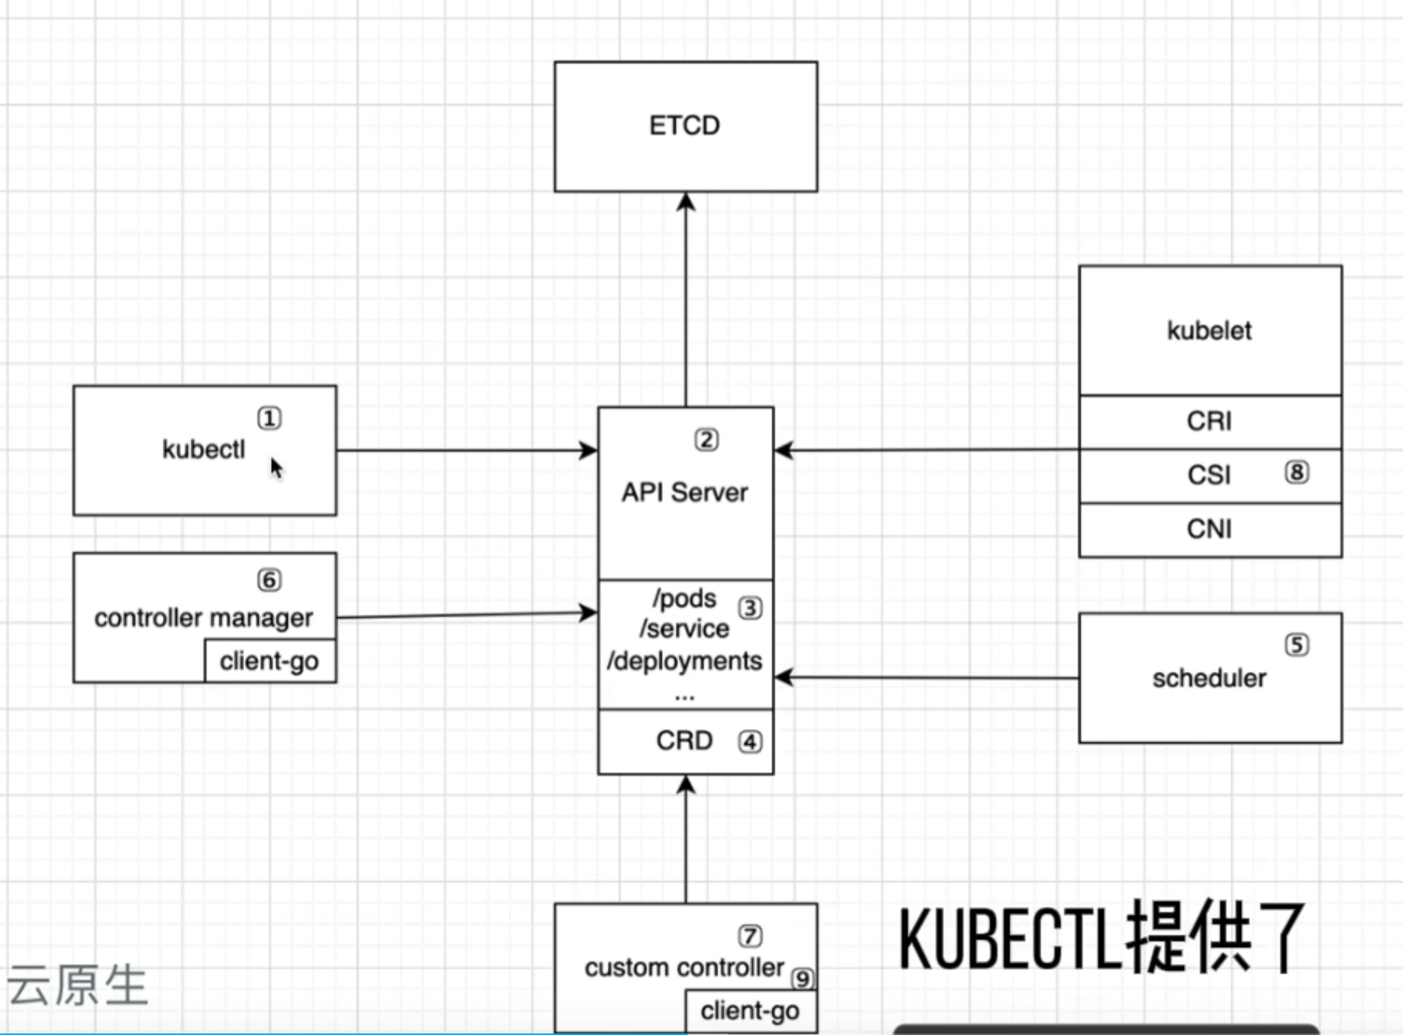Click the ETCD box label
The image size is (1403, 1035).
684,125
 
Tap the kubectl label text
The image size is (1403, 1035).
203,449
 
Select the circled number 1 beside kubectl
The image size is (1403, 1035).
269,419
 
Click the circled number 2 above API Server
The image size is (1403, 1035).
707,439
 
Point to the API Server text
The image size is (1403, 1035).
685,492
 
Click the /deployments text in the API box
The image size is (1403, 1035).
684,661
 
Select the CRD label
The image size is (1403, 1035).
684,740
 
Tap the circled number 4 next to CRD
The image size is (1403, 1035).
750,741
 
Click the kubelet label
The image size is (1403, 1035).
1209,331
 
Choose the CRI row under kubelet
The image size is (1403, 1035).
1209,421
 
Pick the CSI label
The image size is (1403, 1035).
1209,474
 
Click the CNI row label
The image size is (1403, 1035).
1209,529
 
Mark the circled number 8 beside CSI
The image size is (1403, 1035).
1296,472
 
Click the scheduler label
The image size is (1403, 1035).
1209,678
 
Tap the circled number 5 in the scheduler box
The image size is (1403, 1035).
1296,645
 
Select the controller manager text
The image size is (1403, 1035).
203,618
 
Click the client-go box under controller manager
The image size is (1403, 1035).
269,661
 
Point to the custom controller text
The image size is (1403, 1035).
684,967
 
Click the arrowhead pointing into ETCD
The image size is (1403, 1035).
686,202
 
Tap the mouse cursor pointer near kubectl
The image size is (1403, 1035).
276,467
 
